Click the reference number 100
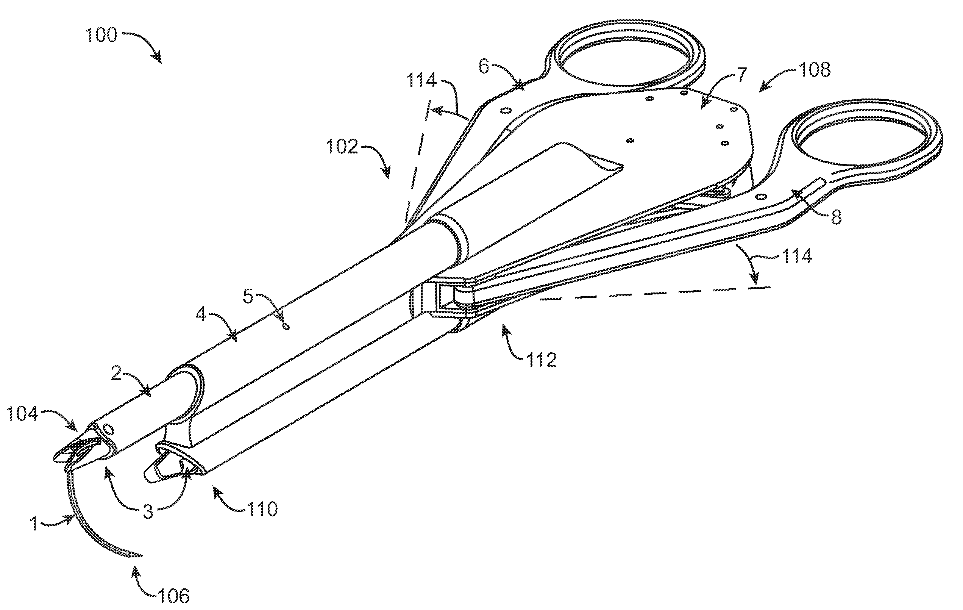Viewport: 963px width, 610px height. coord(101,35)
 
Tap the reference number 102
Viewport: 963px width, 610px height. coord(342,147)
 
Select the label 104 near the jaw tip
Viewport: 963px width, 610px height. coord(23,414)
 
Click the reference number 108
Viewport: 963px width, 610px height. coord(814,70)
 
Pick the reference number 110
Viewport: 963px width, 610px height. coord(262,509)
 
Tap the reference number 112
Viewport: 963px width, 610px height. coord(541,360)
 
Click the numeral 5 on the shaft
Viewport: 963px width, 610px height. coord(248,297)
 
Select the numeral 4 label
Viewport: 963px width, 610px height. coord(201,314)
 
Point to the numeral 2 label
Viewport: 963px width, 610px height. coord(116,374)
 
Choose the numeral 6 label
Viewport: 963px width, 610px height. coord(484,67)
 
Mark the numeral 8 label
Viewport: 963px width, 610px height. coord(836,217)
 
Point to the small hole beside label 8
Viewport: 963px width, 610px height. coord(762,196)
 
